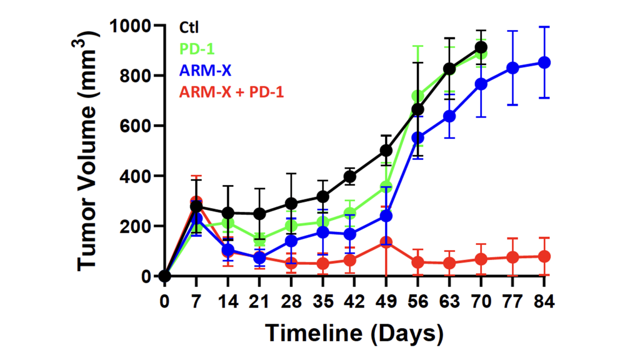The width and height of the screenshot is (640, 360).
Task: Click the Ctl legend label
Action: [x=189, y=28]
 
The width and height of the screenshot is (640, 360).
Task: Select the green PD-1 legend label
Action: [x=197, y=49]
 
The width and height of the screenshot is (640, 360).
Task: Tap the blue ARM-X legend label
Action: [x=205, y=70]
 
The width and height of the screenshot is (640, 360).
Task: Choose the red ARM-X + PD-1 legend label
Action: [x=231, y=92]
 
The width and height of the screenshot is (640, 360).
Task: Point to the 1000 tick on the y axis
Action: [x=130, y=26]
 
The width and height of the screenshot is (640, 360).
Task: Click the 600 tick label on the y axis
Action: [x=135, y=126]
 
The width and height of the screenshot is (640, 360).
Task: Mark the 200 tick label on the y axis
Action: [x=135, y=226]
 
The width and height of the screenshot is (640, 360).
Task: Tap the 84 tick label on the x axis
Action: [x=544, y=301]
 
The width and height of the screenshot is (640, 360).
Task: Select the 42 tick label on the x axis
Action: [x=354, y=301]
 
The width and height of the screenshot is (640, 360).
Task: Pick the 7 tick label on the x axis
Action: [x=196, y=301]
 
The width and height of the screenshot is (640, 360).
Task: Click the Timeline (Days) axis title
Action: [x=354, y=333]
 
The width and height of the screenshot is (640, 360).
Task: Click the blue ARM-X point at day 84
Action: [x=544, y=63]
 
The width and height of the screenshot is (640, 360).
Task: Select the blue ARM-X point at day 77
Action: [x=512, y=68]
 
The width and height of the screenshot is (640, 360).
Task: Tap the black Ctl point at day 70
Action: [x=481, y=47]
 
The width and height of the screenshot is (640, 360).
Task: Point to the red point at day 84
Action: [x=544, y=257]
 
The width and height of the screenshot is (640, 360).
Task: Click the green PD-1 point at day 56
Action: [x=417, y=96]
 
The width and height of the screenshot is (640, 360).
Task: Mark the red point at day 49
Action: [x=386, y=242]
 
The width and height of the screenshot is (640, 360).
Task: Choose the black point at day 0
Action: [x=165, y=276]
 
